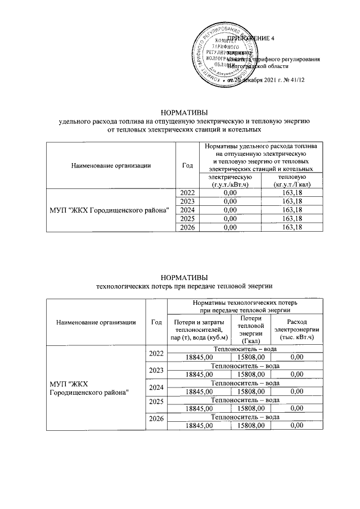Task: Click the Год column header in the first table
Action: click(x=188, y=165)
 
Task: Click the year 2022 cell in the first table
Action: click(x=188, y=193)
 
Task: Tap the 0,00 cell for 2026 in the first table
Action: click(x=227, y=227)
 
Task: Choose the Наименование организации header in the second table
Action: click(x=96, y=322)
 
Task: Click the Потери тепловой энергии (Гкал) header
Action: click(x=251, y=329)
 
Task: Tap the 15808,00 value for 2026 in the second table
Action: click(x=251, y=426)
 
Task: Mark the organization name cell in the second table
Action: click(x=90, y=388)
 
